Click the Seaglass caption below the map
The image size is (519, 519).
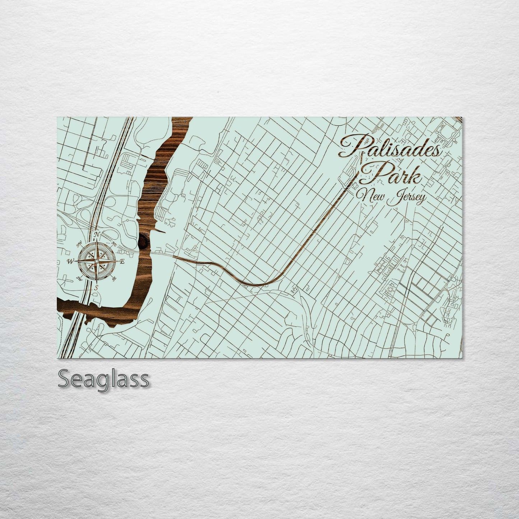103,379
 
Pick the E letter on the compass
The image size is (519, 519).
122,261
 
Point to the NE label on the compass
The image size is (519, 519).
115,244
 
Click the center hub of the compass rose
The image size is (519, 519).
97,261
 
